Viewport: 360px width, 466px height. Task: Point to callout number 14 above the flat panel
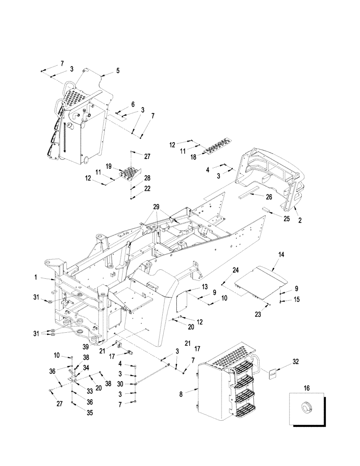281,255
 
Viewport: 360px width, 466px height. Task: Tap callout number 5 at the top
118,71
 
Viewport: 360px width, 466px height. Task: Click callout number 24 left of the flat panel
236,270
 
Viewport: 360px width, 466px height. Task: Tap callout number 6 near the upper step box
132,104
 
